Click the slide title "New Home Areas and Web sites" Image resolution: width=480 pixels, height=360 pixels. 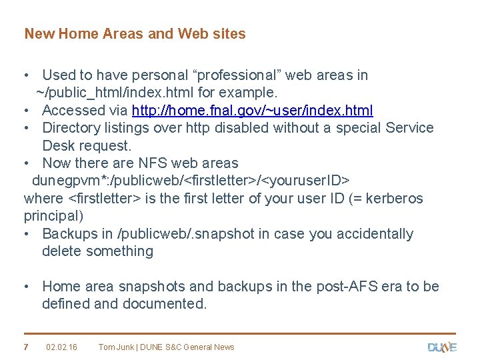click(135, 33)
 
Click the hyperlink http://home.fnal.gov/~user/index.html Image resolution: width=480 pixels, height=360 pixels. click(253, 111)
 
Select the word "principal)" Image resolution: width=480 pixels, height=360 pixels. click(53, 216)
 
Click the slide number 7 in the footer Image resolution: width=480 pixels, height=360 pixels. click(26, 347)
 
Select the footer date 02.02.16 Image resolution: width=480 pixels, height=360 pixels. click(61, 347)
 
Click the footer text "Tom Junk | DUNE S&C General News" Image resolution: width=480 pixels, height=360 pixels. click(166, 347)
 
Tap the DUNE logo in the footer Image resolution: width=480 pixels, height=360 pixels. click(441, 347)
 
